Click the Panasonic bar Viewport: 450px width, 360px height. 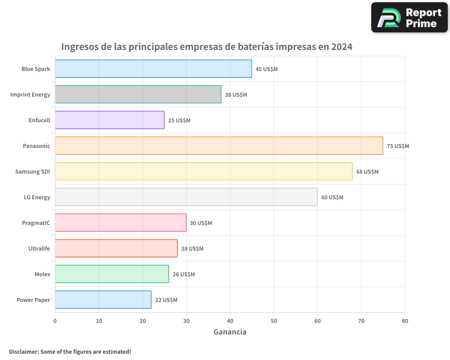click(219, 146)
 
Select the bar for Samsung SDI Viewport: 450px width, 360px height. click(203, 171)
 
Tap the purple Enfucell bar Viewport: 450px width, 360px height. click(110, 120)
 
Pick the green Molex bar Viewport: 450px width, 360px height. click(112, 274)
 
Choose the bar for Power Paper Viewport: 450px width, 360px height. click(103, 300)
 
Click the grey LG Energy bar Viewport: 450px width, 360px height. click(186, 197)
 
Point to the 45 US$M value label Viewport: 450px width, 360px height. click(266, 69)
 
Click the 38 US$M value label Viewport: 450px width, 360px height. click(236, 95)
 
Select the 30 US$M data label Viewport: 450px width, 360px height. click(201, 223)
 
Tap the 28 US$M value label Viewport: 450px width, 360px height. click(192, 249)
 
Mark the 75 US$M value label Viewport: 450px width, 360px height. click(398, 146)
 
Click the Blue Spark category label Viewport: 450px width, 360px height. click(36, 69)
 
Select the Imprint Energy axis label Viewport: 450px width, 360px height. click(30, 94)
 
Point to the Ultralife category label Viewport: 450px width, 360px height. click(39, 248)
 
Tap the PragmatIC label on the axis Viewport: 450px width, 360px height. click(36, 223)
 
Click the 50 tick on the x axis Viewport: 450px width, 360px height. click(274, 321)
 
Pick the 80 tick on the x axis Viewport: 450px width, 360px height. click(405, 321)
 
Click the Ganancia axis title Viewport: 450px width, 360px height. click(229, 332)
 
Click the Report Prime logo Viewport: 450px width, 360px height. click(409, 18)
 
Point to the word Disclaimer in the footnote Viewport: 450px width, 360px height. click(23, 351)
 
